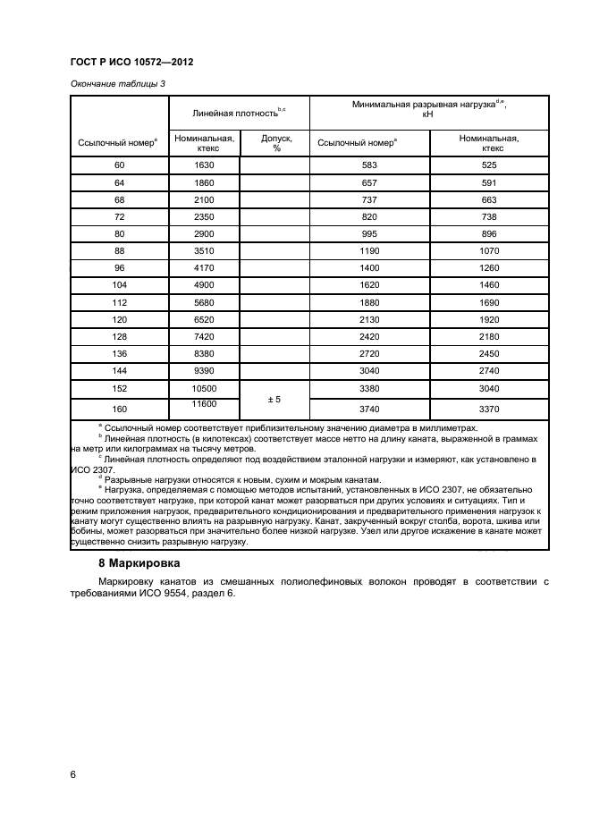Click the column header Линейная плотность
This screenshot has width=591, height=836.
coord(239,114)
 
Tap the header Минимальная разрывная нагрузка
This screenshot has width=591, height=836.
coord(428,109)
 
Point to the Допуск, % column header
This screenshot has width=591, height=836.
coord(275,143)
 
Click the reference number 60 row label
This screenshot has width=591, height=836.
coord(120,165)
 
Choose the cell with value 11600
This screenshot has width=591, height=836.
coord(203,405)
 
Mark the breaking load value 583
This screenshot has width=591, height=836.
coord(369,165)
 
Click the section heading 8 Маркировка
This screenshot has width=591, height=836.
coord(139,564)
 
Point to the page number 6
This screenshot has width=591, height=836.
coord(73,774)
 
